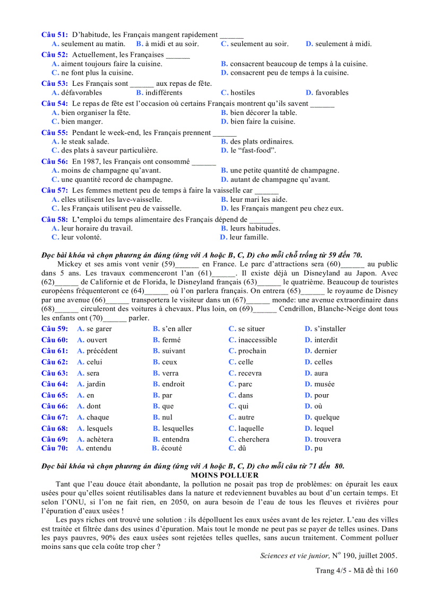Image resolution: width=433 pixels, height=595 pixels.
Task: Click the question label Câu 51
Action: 55,35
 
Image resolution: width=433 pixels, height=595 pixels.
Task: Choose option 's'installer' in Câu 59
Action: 330,329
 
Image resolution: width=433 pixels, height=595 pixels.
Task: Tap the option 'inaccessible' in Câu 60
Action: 257,340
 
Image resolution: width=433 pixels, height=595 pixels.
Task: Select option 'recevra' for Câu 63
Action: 249,373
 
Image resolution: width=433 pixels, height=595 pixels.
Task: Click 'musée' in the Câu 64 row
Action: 324,384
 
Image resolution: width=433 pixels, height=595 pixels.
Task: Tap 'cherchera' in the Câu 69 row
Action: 254,439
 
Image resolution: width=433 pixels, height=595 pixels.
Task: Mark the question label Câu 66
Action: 55,406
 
